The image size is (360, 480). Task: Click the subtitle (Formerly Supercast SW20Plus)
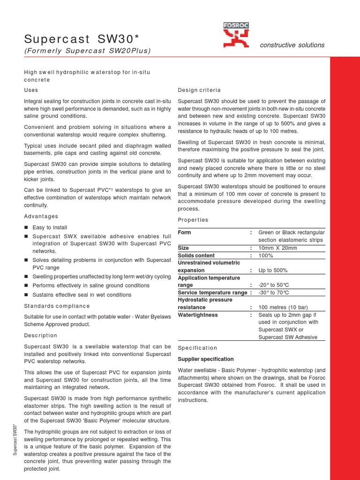(87, 51)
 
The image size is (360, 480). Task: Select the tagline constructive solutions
(292, 45)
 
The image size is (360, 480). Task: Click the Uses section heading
(31, 90)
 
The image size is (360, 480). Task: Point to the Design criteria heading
(199, 90)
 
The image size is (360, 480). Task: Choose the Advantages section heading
(41, 216)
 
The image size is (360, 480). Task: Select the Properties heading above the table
(193, 220)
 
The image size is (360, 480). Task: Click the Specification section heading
(197, 348)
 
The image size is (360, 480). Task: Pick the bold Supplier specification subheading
(206, 359)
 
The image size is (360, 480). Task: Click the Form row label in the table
(185, 232)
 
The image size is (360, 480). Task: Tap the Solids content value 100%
(266, 255)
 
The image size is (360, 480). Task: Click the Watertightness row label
(198, 315)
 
